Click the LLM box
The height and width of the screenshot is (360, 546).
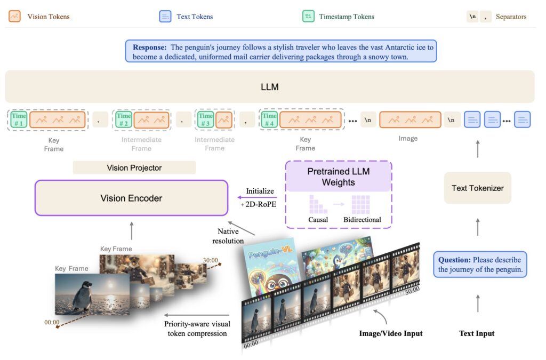point(270,86)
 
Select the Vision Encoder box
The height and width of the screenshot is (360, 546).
point(131,198)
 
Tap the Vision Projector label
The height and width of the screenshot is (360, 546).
point(134,168)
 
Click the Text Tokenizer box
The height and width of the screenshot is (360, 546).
point(477,188)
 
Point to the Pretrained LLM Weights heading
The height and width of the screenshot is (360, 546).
point(338,177)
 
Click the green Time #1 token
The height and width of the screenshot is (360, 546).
point(19,119)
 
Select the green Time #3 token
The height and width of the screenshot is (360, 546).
point(205,119)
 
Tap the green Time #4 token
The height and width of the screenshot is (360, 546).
point(269,119)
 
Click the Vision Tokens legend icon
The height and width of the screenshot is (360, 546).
point(15,17)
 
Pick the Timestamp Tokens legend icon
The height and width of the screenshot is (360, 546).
point(308,17)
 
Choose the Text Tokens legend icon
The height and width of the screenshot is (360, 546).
point(165,17)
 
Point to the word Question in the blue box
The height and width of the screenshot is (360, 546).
point(454,260)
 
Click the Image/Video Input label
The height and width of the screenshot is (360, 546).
point(390,333)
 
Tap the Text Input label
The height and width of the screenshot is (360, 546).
point(477,333)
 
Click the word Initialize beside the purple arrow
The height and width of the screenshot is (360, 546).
point(260,191)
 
